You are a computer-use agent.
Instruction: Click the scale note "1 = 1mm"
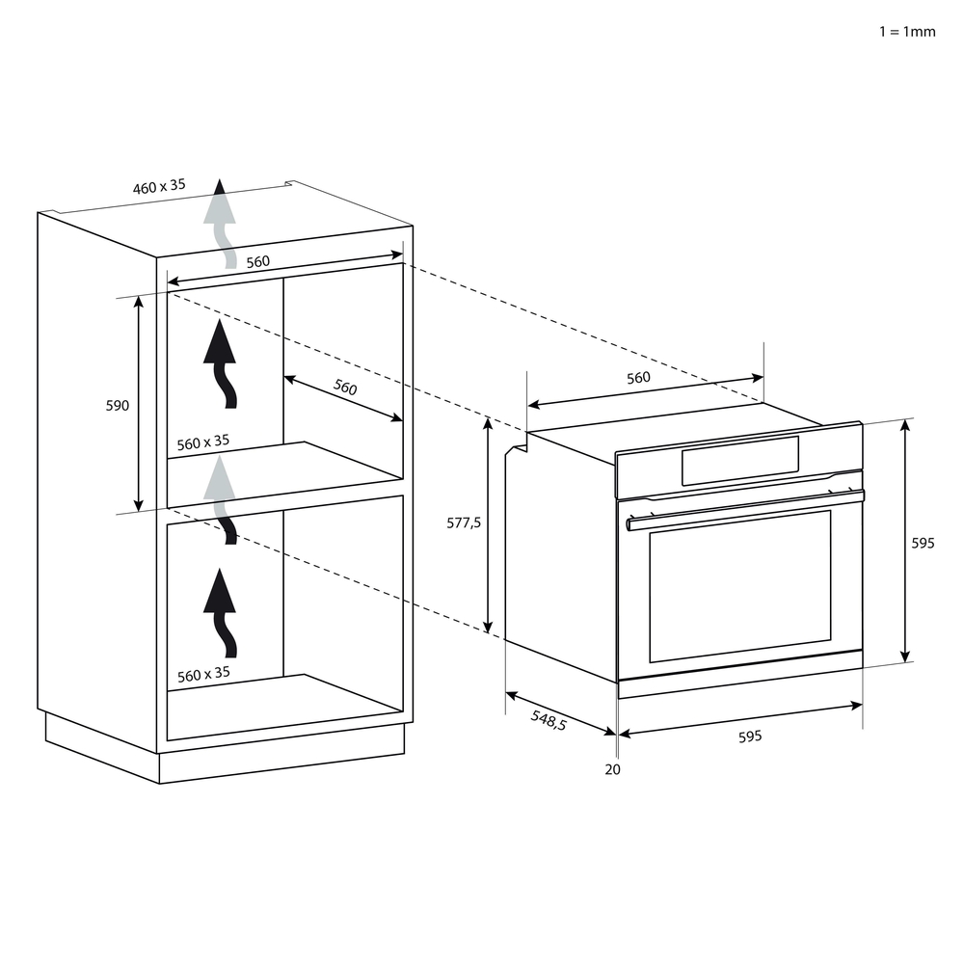click(x=906, y=32)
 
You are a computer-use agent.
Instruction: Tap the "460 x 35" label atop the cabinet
click(x=159, y=187)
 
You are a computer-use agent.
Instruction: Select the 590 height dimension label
click(x=117, y=406)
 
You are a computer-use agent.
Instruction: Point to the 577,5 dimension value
click(x=464, y=523)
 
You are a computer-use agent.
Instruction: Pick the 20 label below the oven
click(x=613, y=769)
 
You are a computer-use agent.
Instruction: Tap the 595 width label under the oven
click(x=749, y=736)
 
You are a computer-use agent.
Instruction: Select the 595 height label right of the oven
click(x=923, y=544)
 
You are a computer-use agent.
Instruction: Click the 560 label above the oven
click(x=638, y=378)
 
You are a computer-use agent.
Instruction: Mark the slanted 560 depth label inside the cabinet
click(x=345, y=388)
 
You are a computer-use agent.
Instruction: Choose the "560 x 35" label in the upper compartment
click(x=203, y=442)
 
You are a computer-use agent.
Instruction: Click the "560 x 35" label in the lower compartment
click(x=203, y=674)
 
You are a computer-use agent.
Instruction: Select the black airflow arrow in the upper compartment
click(x=222, y=365)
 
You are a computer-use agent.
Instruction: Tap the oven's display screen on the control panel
click(x=739, y=460)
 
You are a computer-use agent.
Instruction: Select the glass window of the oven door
click(x=739, y=585)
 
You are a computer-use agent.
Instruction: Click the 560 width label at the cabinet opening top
click(x=257, y=262)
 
